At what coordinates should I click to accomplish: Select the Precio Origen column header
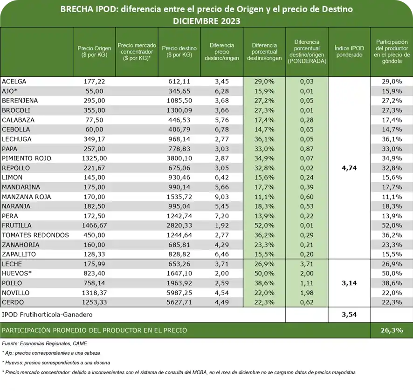pyautogui.click(x=94, y=51)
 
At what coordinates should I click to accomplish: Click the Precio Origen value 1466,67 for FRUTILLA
pyautogui.click(x=94, y=226)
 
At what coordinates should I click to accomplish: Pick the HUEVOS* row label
pyautogui.click(x=17, y=273)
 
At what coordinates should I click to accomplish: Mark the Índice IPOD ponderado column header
pyautogui.click(x=349, y=51)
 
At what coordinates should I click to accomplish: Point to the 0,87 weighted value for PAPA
pyautogui.click(x=307, y=149)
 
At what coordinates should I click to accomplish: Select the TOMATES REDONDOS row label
pyautogui.click(x=35, y=235)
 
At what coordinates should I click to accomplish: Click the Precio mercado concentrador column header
pyautogui.click(x=137, y=51)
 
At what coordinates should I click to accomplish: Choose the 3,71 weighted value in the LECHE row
pyautogui.click(x=307, y=264)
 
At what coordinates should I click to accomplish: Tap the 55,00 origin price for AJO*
pyautogui.click(x=94, y=91)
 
